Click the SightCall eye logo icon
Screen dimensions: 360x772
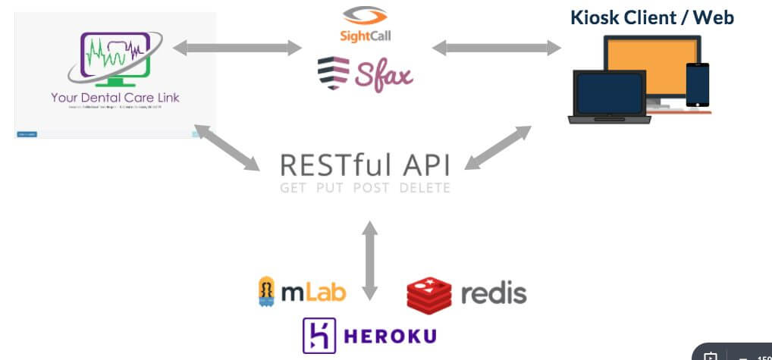(x=364, y=16)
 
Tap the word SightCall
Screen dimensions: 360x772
(x=365, y=36)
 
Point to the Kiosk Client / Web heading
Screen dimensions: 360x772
(x=651, y=17)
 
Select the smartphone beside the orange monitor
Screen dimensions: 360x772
(x=697, y=84)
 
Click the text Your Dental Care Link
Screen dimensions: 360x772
(x=115, y=98)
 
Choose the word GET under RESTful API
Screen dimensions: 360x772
(x=293, y=187)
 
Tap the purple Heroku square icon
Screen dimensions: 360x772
(x=319, y=335)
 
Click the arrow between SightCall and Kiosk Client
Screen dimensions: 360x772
(x=496, y=49)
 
